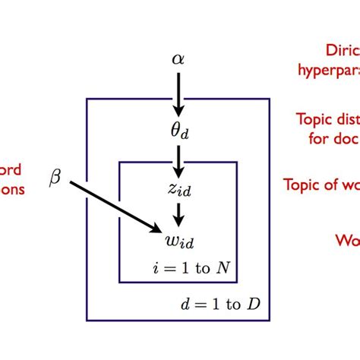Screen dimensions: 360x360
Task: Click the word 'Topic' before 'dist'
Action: tap(312, 119)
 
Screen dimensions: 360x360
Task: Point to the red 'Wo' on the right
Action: tap(347, 240)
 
